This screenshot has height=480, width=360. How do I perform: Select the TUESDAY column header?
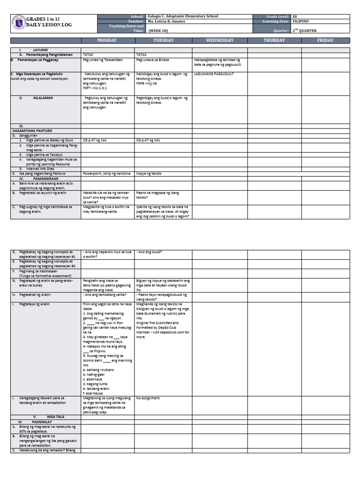coord(163,40)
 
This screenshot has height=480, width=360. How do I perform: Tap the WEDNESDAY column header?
coord(219,40)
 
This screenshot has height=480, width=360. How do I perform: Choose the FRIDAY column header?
coord(325,40)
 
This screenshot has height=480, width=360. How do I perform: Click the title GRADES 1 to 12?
coord(44,17)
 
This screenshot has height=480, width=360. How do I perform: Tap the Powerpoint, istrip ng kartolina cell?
coord(106,173)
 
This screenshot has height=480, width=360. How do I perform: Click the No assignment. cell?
coord(148,398)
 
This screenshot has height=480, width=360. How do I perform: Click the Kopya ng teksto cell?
coord(149,173)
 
